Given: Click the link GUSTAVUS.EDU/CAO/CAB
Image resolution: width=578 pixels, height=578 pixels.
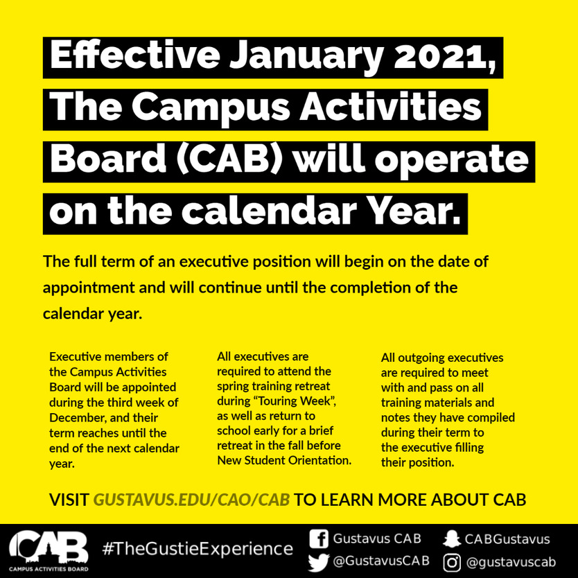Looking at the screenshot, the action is point(191,500).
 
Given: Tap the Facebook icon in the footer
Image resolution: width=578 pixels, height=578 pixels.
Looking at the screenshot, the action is point(319,539).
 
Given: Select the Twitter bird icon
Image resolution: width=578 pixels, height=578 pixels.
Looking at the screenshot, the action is point(318,562).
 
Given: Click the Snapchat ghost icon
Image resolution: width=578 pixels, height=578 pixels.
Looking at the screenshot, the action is point(452,539).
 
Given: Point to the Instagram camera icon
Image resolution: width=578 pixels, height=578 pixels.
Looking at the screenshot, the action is point(452,563).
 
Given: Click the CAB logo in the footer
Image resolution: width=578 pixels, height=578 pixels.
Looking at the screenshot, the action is point(49,551).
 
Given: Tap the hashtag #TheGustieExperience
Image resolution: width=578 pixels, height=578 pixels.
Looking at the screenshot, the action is point(198,548).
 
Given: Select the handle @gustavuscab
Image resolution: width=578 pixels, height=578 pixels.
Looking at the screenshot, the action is point(511,563).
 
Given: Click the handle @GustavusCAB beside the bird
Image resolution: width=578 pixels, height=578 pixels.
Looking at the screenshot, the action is point(381,561).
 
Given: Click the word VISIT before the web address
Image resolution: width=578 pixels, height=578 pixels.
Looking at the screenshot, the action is point(69,500).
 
